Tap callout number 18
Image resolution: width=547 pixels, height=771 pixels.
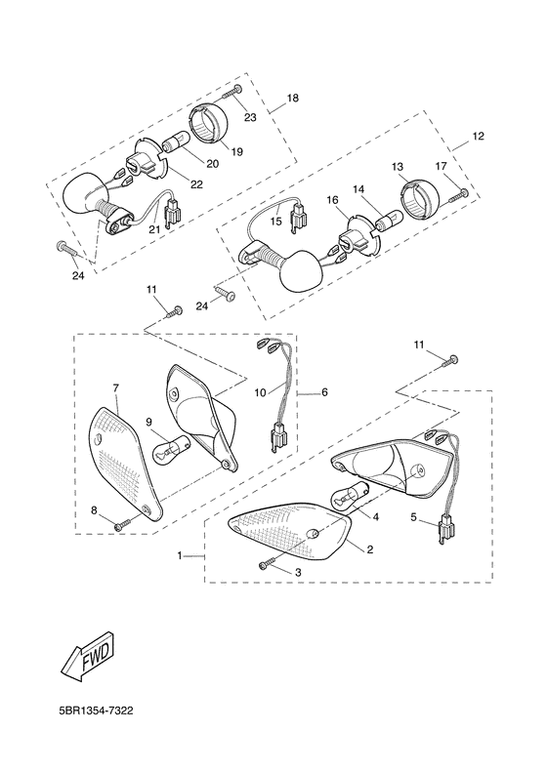pos(292,100)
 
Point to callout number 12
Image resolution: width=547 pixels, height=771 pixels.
pos(479,136)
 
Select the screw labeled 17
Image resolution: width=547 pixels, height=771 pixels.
pos(455,195)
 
